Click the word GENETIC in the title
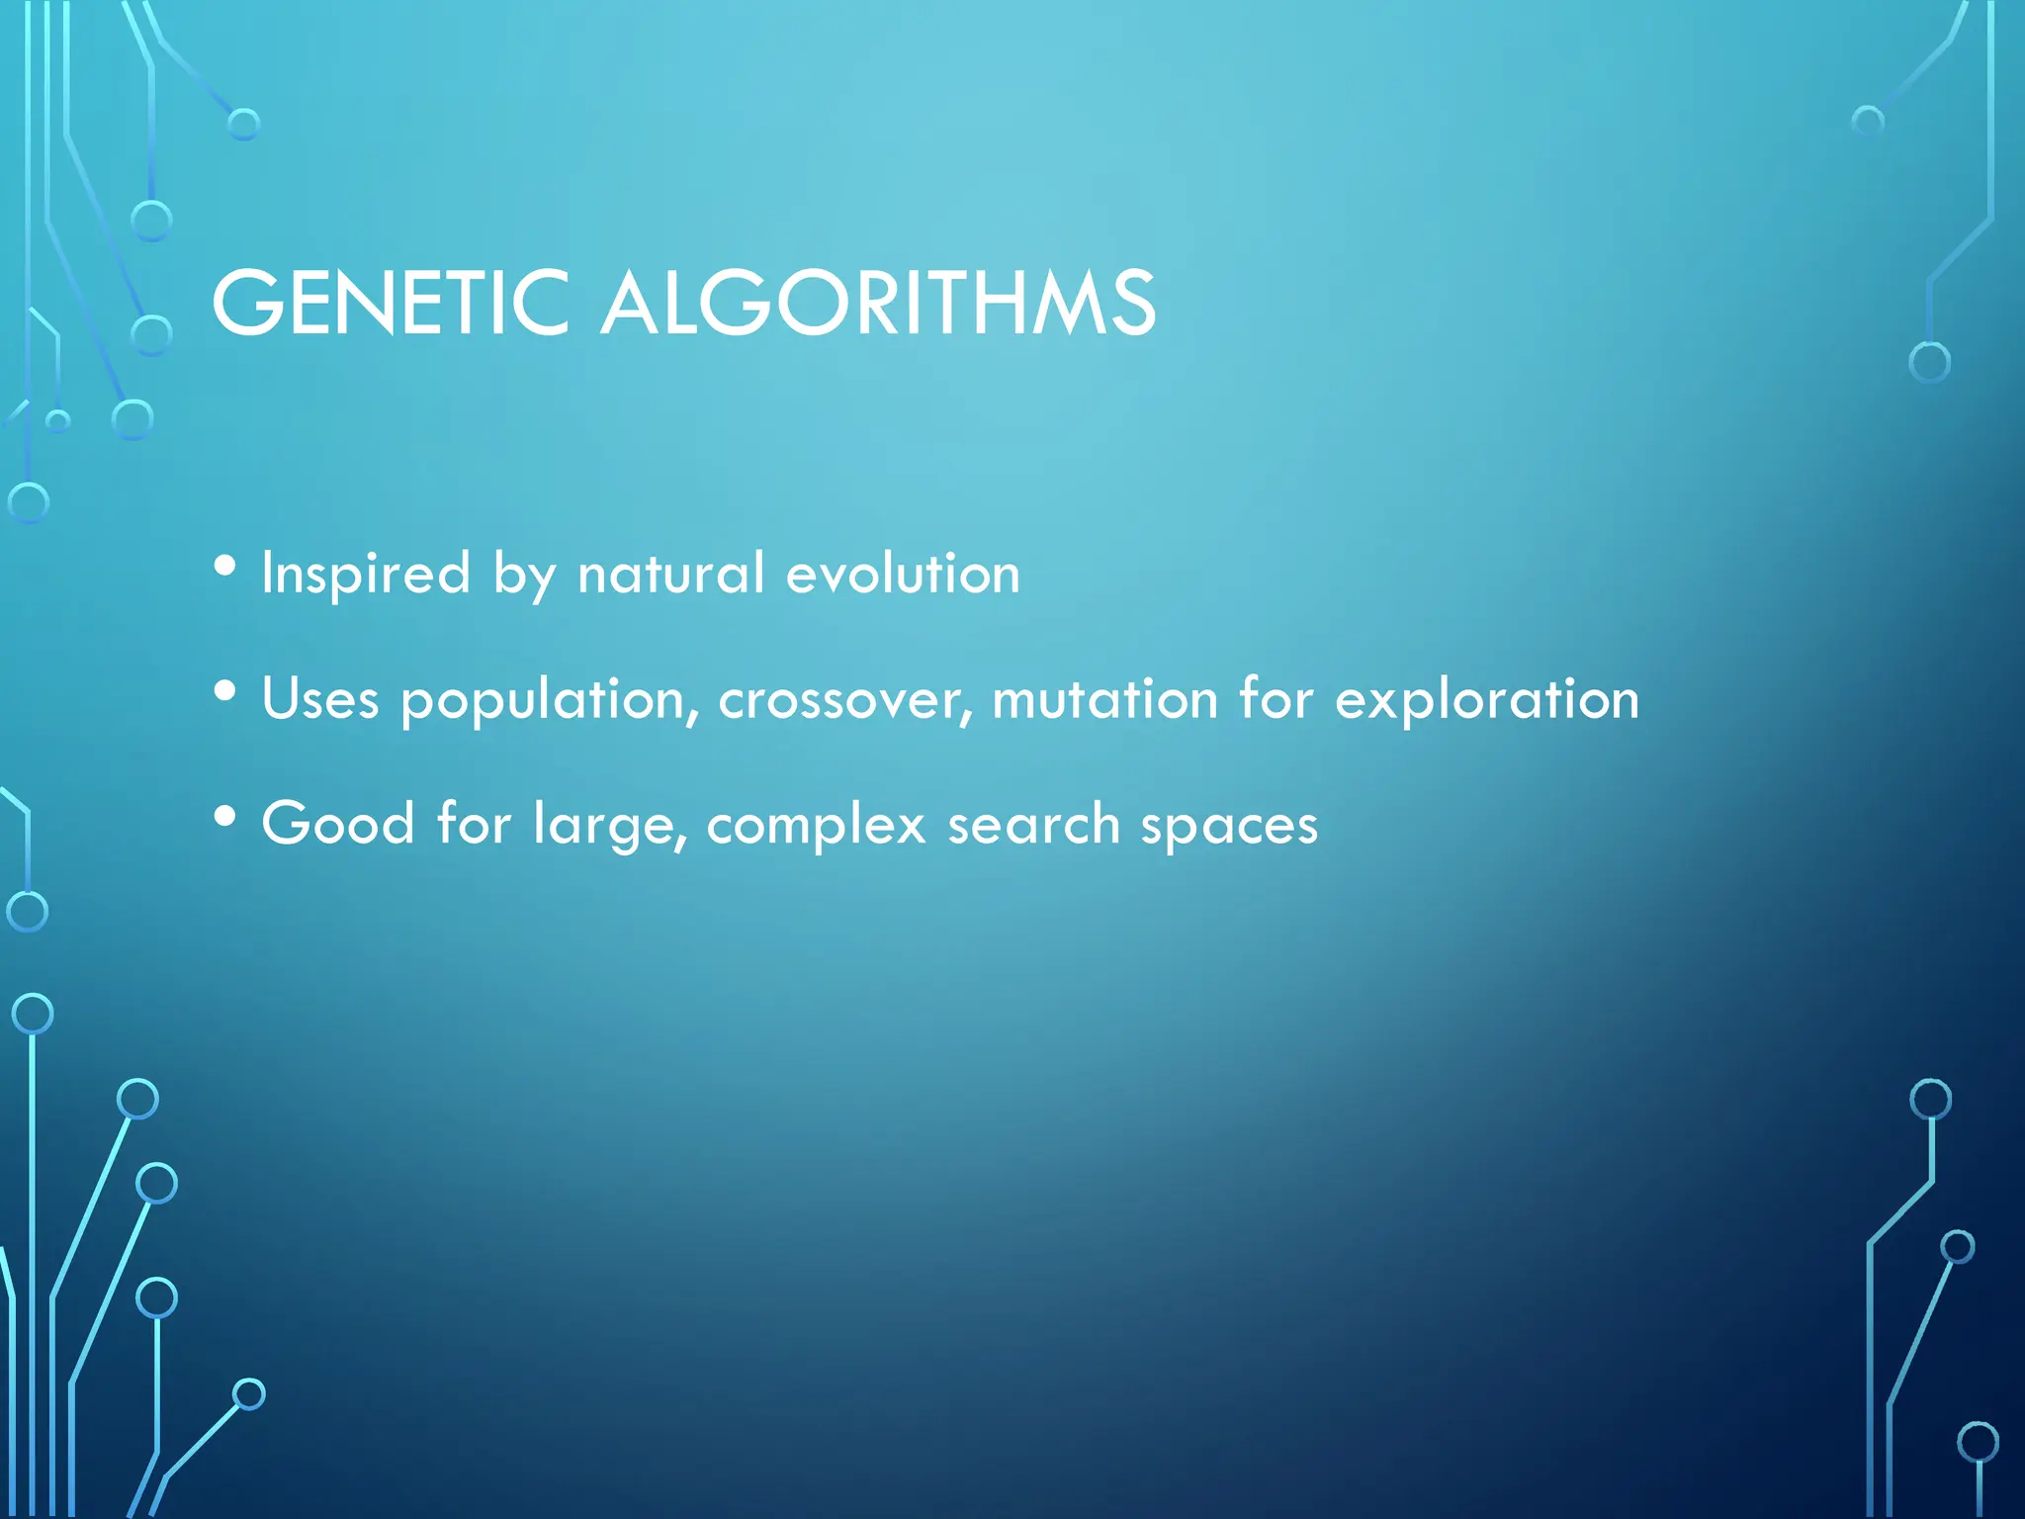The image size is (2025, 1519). point(391,303)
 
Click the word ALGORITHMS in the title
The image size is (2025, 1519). point(878,303)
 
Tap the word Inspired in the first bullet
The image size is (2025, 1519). point(366,575)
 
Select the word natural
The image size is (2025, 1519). point(671,575)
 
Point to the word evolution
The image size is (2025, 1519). point(902,575)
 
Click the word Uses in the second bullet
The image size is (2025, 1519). point(320,700)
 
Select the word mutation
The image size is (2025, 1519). point(1104,700)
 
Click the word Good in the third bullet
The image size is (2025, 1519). point(338,824)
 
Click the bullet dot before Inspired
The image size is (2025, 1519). point(225,567)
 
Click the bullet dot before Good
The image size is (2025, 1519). point(225,817)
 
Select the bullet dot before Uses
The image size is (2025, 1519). point(225,692)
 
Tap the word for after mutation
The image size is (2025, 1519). point(1277,698)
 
